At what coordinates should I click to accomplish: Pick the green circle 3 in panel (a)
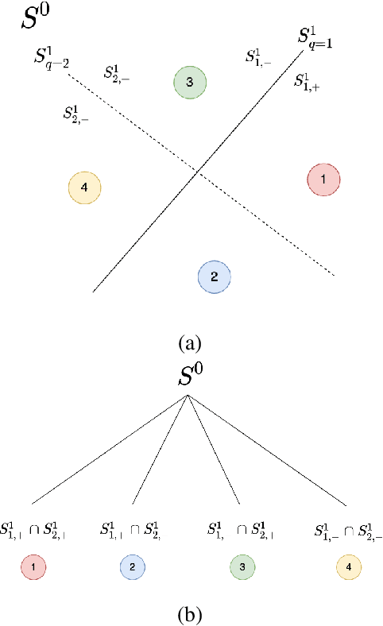click(x=190, y=82)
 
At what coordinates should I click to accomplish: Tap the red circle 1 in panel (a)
click(x=323, y=180)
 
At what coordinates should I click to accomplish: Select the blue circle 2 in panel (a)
click(x=214, y=276)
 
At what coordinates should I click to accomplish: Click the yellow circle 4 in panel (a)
click(x=84, y=187)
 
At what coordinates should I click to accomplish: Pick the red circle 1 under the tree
click(x=37, y=568)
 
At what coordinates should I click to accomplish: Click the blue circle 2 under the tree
click(x=132, y=568)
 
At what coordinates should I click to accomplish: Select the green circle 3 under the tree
click(x=239, y=568)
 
